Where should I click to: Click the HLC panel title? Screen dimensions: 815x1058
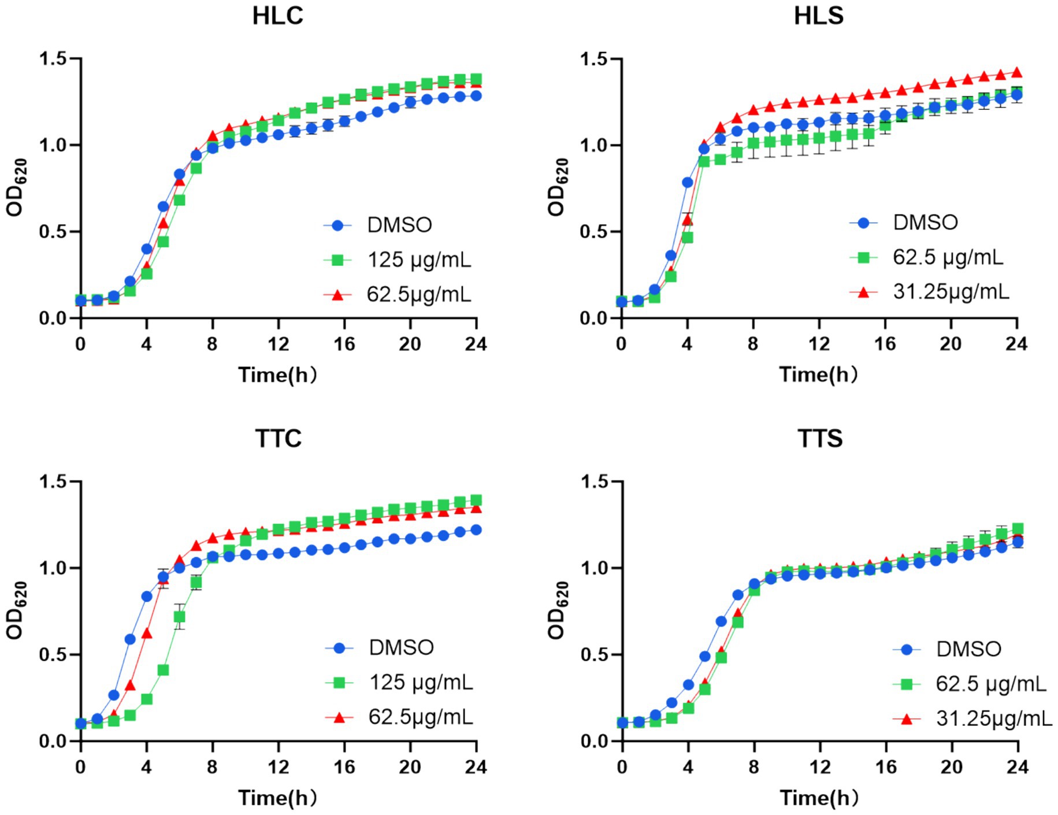[x=277, y=16]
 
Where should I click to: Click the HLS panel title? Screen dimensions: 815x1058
[x=818, y=16]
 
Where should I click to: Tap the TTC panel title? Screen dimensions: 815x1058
[x=278, y=439]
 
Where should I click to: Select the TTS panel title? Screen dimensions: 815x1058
[x=820, y=439]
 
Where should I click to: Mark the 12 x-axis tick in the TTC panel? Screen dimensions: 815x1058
[x=278, y=767]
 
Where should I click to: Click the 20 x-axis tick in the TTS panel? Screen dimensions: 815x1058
[x=951, y=767]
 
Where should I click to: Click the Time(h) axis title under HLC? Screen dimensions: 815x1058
[x=278, y=375]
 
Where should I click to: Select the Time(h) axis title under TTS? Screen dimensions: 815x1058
[x=819, y=798]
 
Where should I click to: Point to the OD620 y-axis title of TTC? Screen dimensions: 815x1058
[x=16, y=610]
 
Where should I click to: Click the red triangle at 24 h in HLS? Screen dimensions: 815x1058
[x=1017, y=72]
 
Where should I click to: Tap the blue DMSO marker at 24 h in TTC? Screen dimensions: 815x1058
[x=476, y=529]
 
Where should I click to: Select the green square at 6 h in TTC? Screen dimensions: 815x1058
[x=180, y=617]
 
